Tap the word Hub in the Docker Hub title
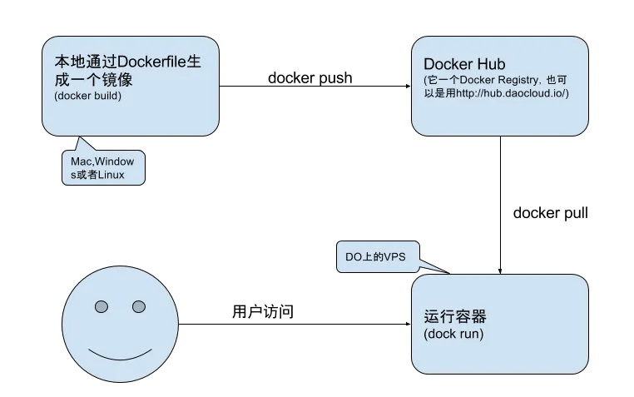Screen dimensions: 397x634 [x=488, y=65]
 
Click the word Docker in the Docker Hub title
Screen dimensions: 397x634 [x=447, y=65]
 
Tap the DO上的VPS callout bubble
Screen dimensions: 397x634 [x=375, y=257]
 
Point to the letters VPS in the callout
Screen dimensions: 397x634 [x=394, y=257]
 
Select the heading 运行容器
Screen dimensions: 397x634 [x=454, y=317]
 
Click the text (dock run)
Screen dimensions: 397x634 [x=453, y=334]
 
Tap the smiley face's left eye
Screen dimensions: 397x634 [x=102, y=307]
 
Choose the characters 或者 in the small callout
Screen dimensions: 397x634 [x=87, y=174]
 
